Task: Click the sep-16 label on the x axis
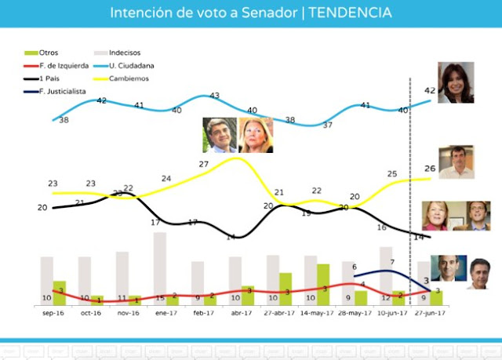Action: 53,312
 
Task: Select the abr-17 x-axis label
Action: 241,312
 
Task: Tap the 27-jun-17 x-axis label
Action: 429,312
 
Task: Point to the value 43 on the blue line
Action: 214,96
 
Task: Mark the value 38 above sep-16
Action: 64,120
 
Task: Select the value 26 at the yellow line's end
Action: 430,168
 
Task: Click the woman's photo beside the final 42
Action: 458,84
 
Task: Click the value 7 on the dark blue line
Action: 392,263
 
